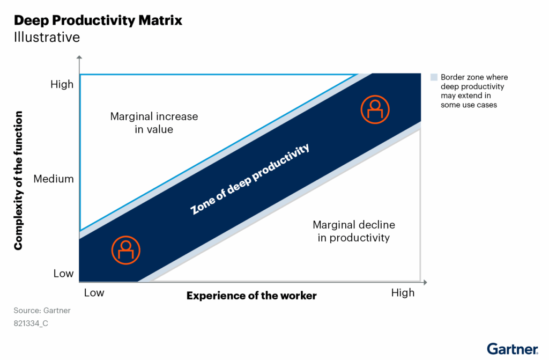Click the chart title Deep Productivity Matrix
coord(98,20)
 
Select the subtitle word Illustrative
coord(47,37)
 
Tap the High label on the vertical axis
coord(62,84)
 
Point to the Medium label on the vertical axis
coord(54,179)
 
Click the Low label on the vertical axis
coord(63,274)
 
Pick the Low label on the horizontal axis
coord(94,293)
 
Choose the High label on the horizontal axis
coord(403,293)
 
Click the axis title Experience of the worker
coord(251,296)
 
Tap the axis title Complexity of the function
coord(19,180)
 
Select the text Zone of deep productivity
coord(250,179)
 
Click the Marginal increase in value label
coord(154,122)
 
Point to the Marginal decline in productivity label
coord(353,231)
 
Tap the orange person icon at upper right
coord(375,108)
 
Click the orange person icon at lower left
coord(125,248)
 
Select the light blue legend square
coord(434,77)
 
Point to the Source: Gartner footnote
coord(42,310)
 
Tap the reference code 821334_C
coord(31,324)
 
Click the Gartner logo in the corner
coord(512,349)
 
